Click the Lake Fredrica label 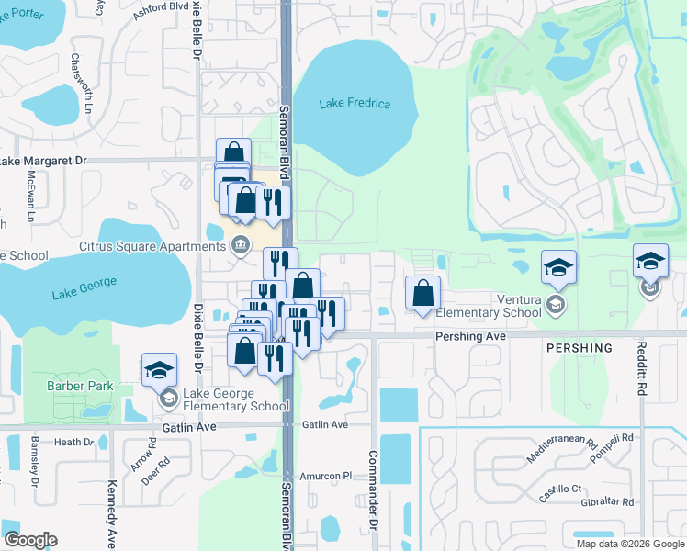point(355,104)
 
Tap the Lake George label point(77,293)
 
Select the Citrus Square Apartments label point(152,246)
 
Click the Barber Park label point(80,386)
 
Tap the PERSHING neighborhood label point(579,348)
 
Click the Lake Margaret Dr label point(43,161)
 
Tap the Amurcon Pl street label point(327,476)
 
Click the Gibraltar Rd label point(602,502)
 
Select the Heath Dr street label point(73,442)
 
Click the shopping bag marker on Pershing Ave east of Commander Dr point(422,294)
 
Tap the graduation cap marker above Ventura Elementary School point(558,267)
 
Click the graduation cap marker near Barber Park point(159,370)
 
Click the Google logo point(30,540)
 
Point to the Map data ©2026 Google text point(629,544)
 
